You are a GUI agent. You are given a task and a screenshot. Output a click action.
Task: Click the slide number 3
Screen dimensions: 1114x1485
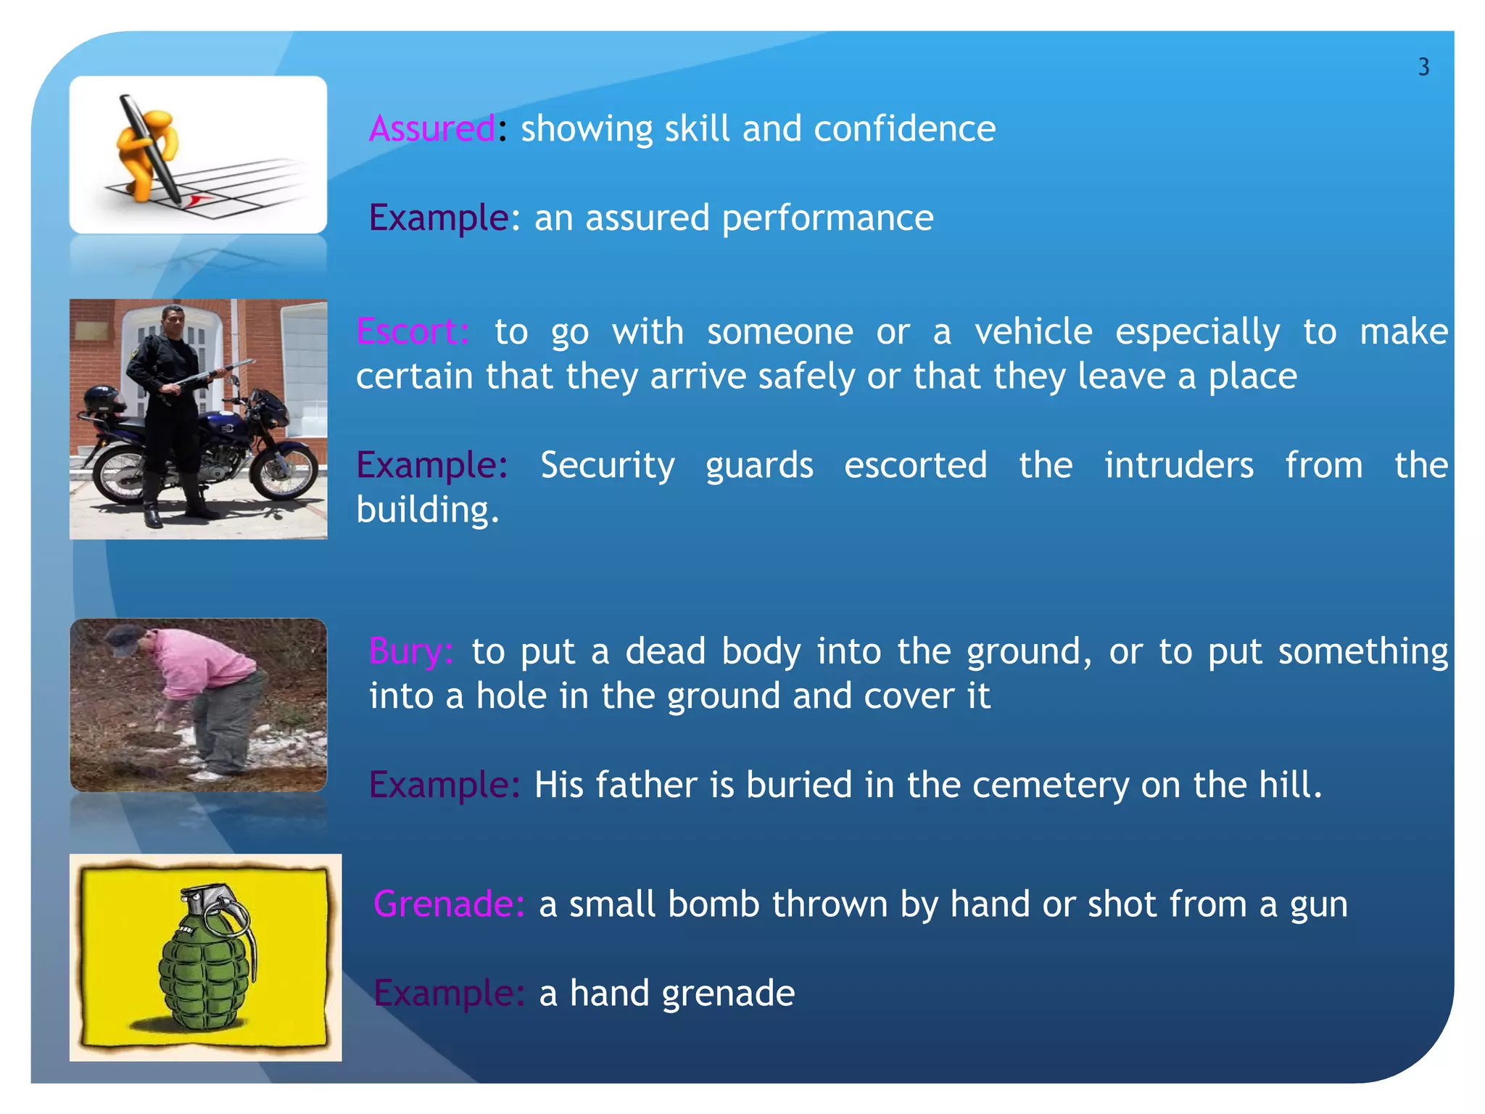(x=1423, y=67)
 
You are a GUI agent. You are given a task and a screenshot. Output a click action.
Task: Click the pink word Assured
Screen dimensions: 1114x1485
(x=432, y=129)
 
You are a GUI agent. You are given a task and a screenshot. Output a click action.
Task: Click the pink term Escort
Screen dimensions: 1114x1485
(x=412, y=332)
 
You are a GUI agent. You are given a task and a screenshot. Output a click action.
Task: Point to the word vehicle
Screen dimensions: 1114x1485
(x=1033, y=332)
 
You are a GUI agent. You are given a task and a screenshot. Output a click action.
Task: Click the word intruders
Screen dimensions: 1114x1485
(x=1178, y=465)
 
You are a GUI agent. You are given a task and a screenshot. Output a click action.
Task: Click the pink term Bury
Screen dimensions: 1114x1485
(x=410, y=651)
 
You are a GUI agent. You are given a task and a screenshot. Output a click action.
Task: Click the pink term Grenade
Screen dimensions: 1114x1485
(x=448, y=904)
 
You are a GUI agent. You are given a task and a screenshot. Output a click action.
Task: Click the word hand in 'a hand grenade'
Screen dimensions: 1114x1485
(x=608, y=993)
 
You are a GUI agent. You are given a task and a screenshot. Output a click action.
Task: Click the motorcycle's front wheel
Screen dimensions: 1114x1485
(x=283, y=472)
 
